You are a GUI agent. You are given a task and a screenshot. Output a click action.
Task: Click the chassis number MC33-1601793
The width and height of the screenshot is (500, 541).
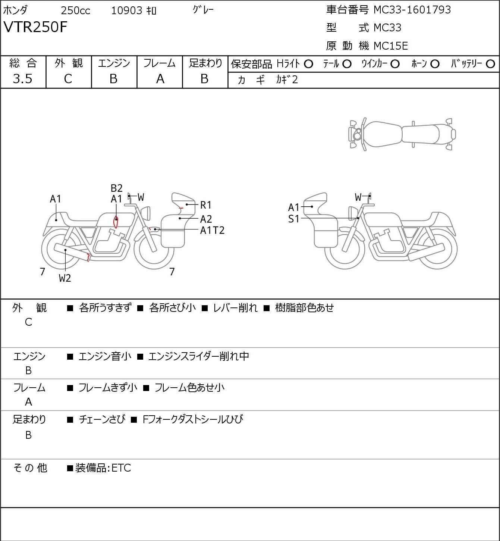tap(412, 10)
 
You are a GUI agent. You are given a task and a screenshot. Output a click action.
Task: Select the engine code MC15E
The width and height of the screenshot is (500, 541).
tap(390, 46)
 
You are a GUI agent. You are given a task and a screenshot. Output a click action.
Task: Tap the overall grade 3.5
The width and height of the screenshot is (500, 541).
tap(23, 79)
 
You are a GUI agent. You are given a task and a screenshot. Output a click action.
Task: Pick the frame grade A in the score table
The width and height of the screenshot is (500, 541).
tap(160, 79)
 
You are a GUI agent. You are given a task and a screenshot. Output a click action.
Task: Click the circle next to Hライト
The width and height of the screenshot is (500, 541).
tap(308, 64)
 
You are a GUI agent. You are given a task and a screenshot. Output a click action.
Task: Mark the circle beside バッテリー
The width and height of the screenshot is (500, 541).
tap(490, 64)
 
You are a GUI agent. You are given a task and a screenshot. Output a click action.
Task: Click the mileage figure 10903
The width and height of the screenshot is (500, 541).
tap(126, 10)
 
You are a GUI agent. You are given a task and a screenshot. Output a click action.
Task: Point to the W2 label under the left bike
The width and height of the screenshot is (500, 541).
tap(65, 278)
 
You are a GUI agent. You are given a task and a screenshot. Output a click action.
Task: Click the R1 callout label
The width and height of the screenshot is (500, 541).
tap(206, 205)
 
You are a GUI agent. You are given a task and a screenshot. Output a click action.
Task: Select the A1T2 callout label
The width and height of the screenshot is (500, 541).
tap(212, 230)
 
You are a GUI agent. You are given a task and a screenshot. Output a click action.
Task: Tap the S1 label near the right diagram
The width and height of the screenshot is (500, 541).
tap(294, 219)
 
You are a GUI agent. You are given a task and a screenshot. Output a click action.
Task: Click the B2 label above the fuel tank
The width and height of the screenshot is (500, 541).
tap(117, 188)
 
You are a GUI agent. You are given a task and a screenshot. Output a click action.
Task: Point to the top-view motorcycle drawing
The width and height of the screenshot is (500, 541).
tap(402, 134)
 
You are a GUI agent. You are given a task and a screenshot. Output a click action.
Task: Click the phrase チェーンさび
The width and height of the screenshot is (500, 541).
tap(102, 419)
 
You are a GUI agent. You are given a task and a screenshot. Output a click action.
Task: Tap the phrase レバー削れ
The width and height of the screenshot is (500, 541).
tap(235, 308)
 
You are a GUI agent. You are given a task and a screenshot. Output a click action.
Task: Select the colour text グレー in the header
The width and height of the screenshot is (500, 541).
tap(203, 10)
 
